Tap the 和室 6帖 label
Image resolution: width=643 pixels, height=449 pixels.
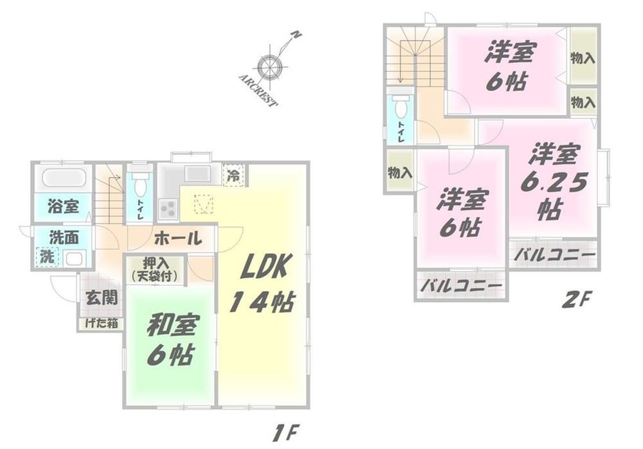[x=170, y=340]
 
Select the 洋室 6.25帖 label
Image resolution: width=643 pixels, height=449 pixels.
[x=554, y=181]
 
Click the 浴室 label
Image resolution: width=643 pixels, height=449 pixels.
[x=63, y=206]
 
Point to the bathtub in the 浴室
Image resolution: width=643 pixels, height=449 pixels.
[x=64, y=178]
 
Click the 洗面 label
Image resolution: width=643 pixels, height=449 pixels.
[x=64, y=238]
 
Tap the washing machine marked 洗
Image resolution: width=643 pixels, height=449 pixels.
[x=47, y=258]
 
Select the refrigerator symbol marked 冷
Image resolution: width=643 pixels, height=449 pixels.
[x=234, y=175]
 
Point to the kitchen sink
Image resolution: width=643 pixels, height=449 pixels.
[x=197, y=173]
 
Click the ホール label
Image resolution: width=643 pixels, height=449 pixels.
[x=178, y=238]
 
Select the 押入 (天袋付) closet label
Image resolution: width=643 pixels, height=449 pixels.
[x=156, y=270]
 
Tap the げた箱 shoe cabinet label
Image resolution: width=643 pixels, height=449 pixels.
[x=102, y=323]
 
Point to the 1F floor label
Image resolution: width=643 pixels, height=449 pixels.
[x=285, y=433]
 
